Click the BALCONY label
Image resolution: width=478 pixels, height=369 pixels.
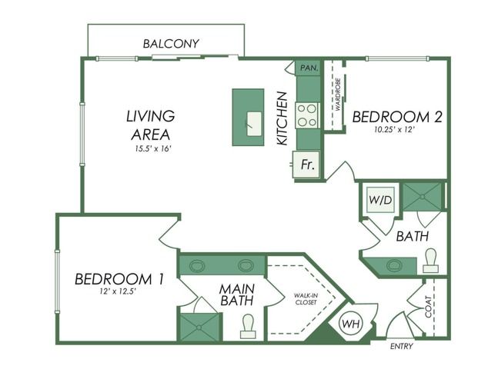(x=171, y=44)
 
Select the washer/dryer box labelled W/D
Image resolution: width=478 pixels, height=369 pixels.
(x=380, y=200)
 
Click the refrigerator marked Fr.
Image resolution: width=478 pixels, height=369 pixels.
(x=306, y=165)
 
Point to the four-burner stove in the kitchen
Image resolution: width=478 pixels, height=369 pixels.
(x=307, y=115)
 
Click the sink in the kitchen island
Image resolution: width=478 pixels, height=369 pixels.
(x=254, y=124)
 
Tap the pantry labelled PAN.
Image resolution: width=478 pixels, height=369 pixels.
(x=309, y=68)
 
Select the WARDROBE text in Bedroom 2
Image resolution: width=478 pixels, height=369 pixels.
(x=337, y=94)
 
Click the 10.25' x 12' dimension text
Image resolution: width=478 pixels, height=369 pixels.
(x=394, y=130)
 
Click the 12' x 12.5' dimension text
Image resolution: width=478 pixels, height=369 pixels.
(x=117, y=291)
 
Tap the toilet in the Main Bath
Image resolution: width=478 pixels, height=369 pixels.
(x=248, y=326)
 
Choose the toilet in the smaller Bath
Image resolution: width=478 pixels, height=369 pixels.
(x=430, y=261)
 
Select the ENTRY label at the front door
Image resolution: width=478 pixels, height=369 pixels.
(x=402, y=346)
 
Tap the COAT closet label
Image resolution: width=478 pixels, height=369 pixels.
(x=428, y=307)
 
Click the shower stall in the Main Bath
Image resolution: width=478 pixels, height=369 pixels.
(x=199, y=327)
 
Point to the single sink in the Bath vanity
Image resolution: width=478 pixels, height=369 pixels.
(x=394, y=265)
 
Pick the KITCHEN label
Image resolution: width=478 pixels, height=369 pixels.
(x=282, y=118)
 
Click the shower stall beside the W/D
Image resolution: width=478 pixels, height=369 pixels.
(x=423, y=197)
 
